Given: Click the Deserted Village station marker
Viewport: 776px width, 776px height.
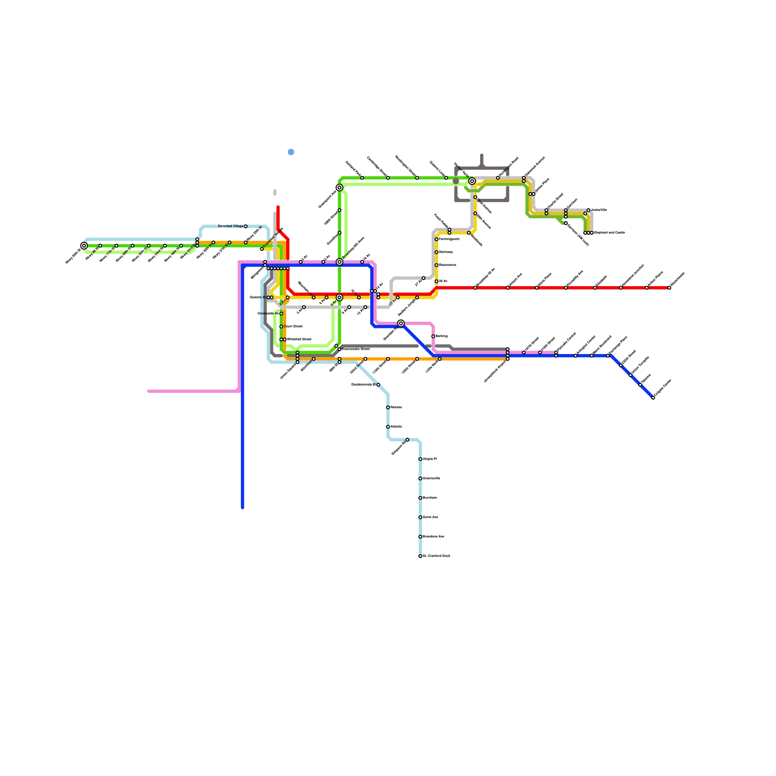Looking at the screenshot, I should tap(246, 226).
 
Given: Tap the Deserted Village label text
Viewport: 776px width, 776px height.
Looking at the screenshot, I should tap(231, 226).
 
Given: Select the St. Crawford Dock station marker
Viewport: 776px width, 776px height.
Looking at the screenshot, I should tap(420, 556).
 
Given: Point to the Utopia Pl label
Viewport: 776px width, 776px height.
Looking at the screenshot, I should tap(430, 459).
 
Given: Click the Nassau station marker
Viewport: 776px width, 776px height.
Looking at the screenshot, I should tap(388, 407).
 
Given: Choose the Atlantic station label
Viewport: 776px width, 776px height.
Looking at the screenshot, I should tap(396, 427).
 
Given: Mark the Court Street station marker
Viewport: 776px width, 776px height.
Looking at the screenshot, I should tap(281, 326).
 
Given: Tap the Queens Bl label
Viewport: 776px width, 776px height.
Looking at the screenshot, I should tap(257, 297).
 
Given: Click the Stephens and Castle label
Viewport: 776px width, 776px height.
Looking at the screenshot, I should tap(609, 233).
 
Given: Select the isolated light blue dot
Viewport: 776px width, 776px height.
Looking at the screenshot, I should tap(291, 152).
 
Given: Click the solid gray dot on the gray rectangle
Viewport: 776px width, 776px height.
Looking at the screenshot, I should tap(456, 181).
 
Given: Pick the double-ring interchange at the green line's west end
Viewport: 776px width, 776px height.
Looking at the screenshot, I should tap(84, 246).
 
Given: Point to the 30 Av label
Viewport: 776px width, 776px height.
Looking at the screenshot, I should tap(443, 281).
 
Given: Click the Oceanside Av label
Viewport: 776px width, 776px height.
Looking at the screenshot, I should tap(268, 314).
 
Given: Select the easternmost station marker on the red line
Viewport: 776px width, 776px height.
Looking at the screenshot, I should tap(669, 288).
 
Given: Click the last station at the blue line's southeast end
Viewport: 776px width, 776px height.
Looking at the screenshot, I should tap(653, 398).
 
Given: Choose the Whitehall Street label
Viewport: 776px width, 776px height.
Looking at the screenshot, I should tap(299, 339).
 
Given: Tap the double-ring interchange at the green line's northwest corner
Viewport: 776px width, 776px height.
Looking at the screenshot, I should tap(339, 188).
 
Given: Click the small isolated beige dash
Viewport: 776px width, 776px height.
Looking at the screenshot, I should tap(275, 193).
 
